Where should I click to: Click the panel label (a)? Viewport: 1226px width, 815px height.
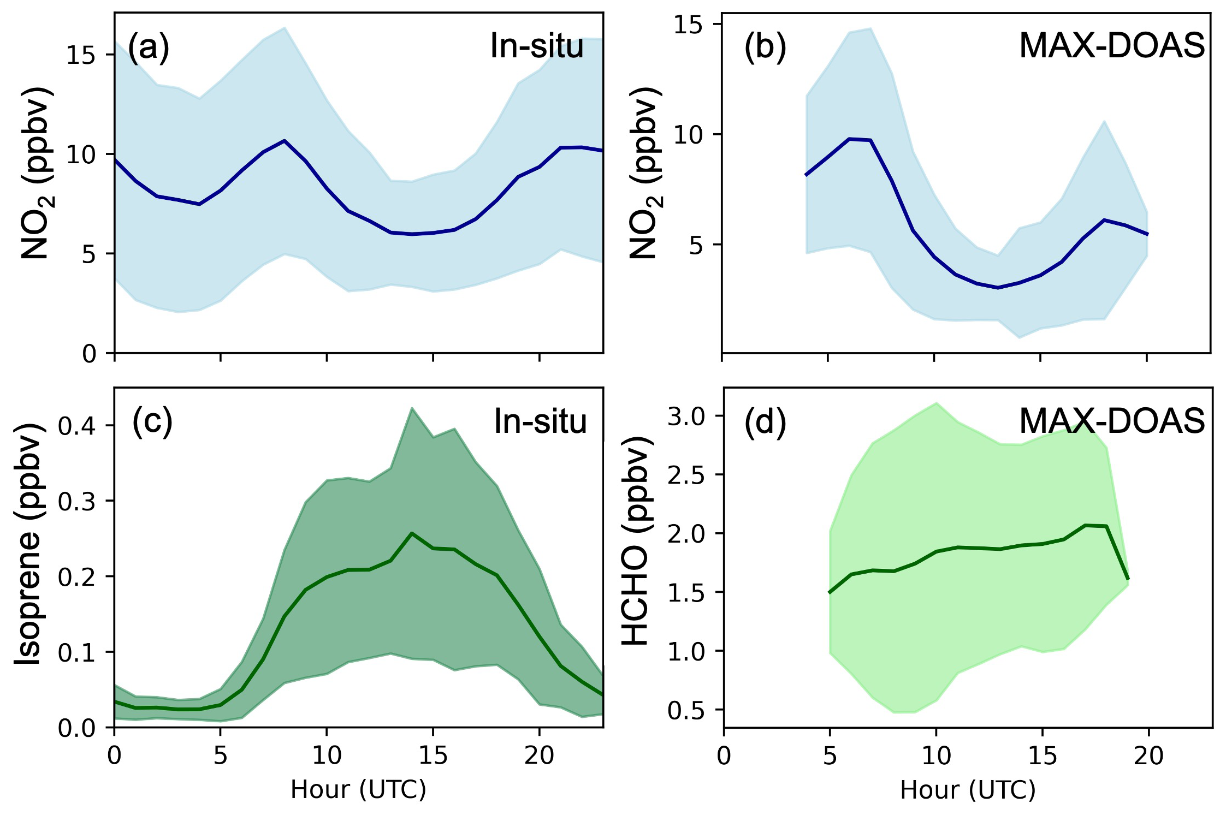[x=149, y=47]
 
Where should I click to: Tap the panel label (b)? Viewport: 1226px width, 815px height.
[x=765, y=47]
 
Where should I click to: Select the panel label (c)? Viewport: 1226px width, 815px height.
[x=152, y=422]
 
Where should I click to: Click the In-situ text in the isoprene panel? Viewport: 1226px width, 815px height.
[x=540, y=422]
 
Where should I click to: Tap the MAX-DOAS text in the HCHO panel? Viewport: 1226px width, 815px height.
[x=1112, y=422]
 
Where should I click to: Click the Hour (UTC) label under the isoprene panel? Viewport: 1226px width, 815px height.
[x=358, y=790]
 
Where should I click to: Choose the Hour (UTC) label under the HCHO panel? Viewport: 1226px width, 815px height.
[x=968, y=790]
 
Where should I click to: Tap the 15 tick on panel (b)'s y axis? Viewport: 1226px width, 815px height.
[x=688, y=25]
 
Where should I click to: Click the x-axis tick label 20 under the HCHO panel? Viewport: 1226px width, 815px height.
[x=1147, y=757]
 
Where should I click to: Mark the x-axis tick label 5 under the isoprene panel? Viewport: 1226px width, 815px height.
[x=220, y=757]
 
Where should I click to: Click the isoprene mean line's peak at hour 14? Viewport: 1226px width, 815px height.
[x=412, y=533]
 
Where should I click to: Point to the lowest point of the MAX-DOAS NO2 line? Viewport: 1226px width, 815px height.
[x=998, y=288]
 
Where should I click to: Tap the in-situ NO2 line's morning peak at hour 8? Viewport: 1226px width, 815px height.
[x=284, y=140]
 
